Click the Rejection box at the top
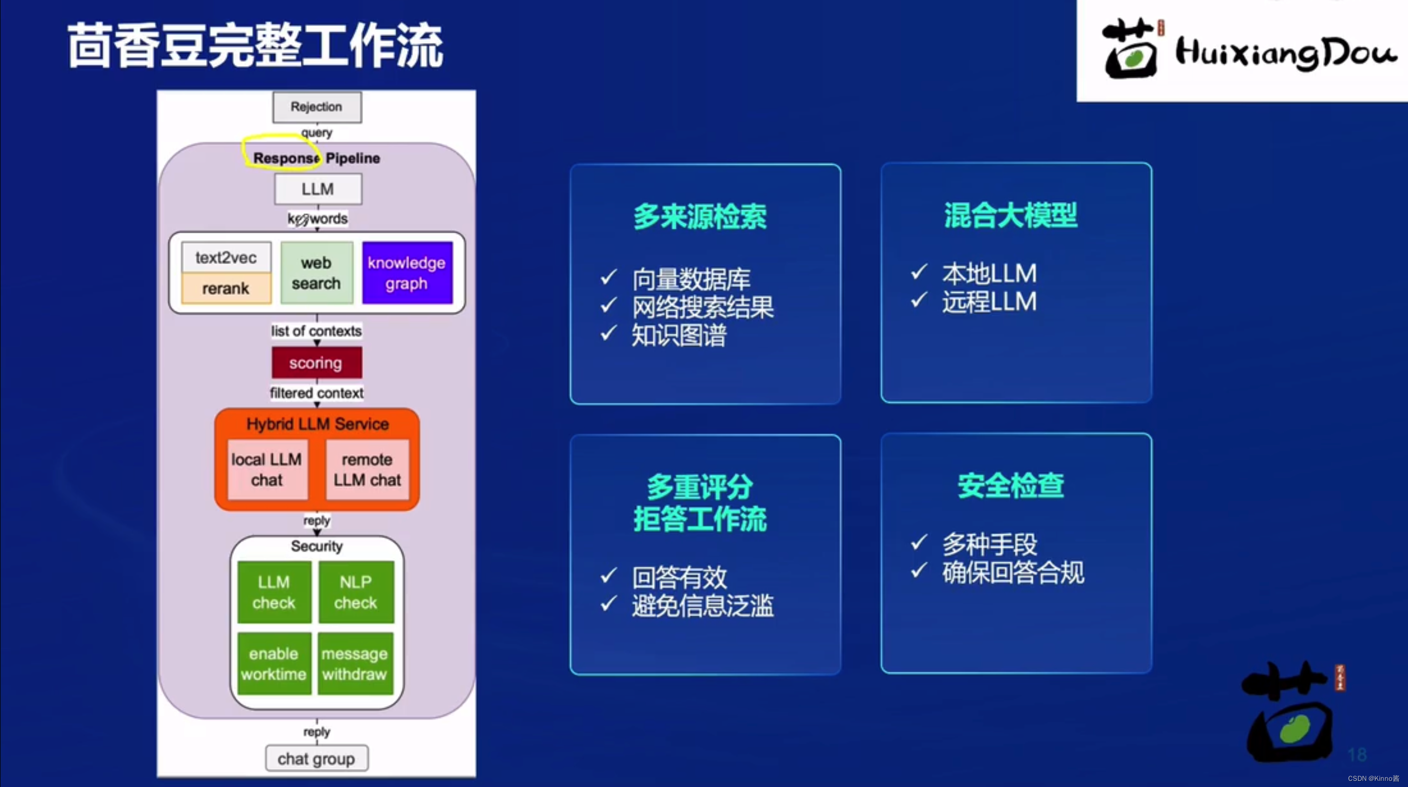pyautogui.click(x=317, y=106)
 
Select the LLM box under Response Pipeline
pyautogui.click(x=317, y=189)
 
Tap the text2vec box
pyautogui.click(x=226, y=257)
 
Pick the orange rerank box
pyautogui.click(x=226, y=288)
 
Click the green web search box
pyautogui.click(x=316, y=273)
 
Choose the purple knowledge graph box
pyautogui.click(x=406, y=273)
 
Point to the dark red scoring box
pyautogui.click(x=316, y=363)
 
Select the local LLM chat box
pyautogui.click(x=267, y=470)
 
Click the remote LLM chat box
pyautogui.click(x=367, y=470)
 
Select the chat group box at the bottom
pyautogui.click(x=316, y=758)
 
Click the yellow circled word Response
pyautogui.click(x=285, y=158)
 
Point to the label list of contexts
pyautogui.click(x=316, y=331)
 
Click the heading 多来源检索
pyautogui.click(x=700, y=216)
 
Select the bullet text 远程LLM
pyautogui.click(x=989, y=302)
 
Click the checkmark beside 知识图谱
pyautogui.click(x=609, y=333)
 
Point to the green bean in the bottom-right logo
pyautogui.click(x=1295, y=729)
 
